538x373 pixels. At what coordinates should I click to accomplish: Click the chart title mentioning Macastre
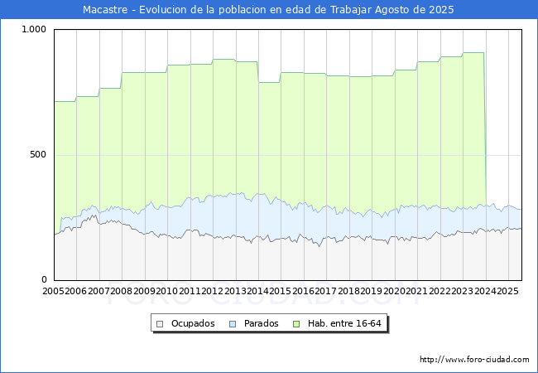[269, 10]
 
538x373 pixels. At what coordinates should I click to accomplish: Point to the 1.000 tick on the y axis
[35, 30]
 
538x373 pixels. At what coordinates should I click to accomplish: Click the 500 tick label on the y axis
[39, 155]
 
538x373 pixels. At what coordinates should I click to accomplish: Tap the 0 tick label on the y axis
[46, 280]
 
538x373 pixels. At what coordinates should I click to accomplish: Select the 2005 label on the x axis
[54, 292]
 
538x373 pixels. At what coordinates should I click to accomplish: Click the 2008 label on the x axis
[122, 292]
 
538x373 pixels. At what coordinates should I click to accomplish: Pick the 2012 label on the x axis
[213, 292]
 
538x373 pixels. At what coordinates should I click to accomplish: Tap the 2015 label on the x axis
[281, 292]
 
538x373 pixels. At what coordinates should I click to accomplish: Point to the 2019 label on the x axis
[372, 292]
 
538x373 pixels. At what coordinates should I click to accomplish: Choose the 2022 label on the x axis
[440, 292]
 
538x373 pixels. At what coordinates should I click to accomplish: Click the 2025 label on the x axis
[507, 292]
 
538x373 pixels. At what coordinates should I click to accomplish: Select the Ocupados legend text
[193, 323]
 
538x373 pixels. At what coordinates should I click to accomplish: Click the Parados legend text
[261, 323]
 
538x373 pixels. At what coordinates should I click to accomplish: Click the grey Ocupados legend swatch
[161, 323]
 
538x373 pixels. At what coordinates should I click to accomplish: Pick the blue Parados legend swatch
[233, 323]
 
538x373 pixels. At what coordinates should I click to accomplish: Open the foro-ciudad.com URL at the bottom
[474, 360]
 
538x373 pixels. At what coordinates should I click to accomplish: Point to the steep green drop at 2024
[485, 133]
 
